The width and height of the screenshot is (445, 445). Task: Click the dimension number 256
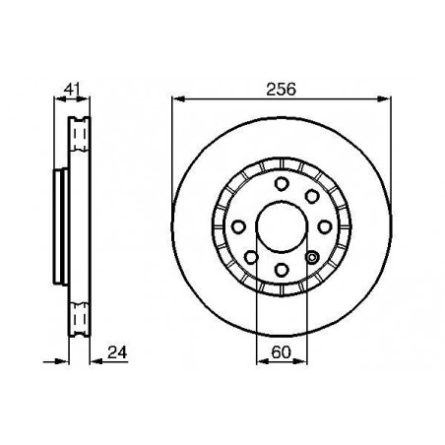(x=281, y=90)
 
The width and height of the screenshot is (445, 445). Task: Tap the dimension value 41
(x=72, y=89)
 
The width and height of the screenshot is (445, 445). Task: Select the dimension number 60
(x=282, y=352)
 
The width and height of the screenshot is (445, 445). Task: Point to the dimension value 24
(x=117, y=352)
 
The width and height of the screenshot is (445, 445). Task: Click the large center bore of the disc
(x=282, y=227)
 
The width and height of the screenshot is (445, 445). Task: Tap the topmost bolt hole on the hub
(x=281, y=184)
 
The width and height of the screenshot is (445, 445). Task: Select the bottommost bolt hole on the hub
(x=282, y=270)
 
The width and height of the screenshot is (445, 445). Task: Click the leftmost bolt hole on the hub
(x=238, y=227)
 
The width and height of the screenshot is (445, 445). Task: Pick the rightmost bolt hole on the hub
(x=325, y=227)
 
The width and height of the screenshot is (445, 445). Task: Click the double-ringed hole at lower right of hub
(x=312, y=257)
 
